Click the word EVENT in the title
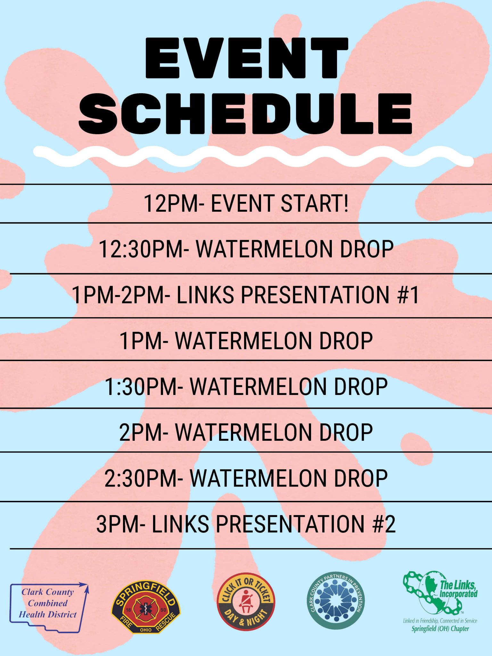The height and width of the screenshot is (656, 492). [x=247, y=58]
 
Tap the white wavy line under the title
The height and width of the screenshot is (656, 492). [x=253, y=156]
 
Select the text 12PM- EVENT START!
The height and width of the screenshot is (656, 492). [x=246, y=203]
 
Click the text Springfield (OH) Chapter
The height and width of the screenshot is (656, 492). [x=440, y=628]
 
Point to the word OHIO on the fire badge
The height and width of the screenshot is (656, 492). [x=146, y=630]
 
